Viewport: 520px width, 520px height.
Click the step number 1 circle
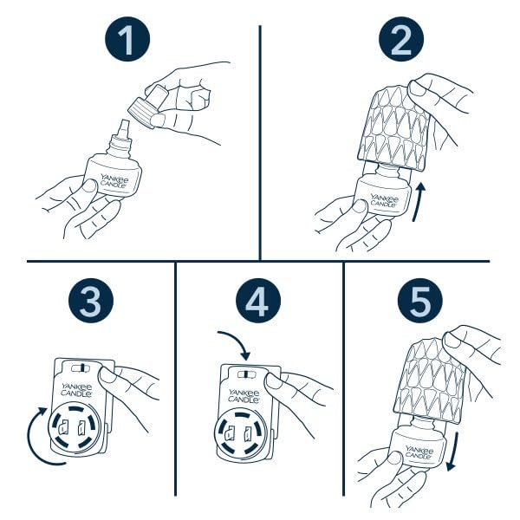127,39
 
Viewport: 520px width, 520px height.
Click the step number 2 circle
401,39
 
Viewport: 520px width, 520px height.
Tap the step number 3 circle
91,301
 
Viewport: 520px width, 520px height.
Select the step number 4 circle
258,301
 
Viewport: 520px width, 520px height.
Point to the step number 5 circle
420,301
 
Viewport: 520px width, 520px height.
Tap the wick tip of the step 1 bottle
125,123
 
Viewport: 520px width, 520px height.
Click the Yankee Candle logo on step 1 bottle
114,181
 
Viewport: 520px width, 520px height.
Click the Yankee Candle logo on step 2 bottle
384,201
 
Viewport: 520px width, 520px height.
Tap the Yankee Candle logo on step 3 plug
76,390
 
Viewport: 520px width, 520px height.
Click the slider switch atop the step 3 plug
81,368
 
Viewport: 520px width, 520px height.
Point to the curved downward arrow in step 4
237,341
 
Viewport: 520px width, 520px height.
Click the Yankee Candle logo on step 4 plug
244,396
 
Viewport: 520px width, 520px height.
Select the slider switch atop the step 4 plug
248,374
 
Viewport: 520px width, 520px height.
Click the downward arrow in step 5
453,451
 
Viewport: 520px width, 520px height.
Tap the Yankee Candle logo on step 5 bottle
419,452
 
